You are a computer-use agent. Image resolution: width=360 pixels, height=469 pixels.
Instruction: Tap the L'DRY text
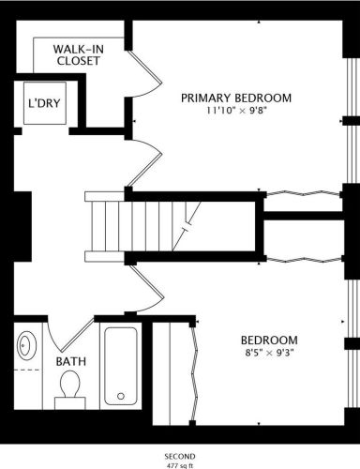click(x=44, y=103)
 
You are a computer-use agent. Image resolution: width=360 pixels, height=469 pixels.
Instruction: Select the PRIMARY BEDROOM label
click(x=236, y=98)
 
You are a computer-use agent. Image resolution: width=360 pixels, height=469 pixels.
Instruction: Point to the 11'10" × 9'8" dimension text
click(x=236, y=111)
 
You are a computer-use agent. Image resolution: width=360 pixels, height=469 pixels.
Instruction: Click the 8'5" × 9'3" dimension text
click(x=269, y=353)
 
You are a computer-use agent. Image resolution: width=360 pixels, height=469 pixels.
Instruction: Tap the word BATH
click(x=71, y=361)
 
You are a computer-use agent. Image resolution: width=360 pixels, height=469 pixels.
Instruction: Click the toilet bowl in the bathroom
click(x=70, y=384)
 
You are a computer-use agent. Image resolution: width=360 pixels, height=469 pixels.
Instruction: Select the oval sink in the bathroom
click(x=26, y=345)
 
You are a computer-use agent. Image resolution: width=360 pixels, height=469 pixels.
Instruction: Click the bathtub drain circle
click(x=121, y=396)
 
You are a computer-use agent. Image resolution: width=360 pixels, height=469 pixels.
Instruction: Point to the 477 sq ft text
click(x=180, y=466)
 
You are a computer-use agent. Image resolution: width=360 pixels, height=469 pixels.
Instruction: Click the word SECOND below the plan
click(x=180, y=457)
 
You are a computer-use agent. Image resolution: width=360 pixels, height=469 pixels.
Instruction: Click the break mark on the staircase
click(x=187, y=227)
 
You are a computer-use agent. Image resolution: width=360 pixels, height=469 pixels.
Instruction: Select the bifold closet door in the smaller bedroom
click(x=195, y=372)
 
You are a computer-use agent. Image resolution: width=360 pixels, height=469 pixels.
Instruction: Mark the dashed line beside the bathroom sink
click(x=27, y=370)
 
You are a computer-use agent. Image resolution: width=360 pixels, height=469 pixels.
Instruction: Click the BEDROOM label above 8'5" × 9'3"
click(x=269, y=340)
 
